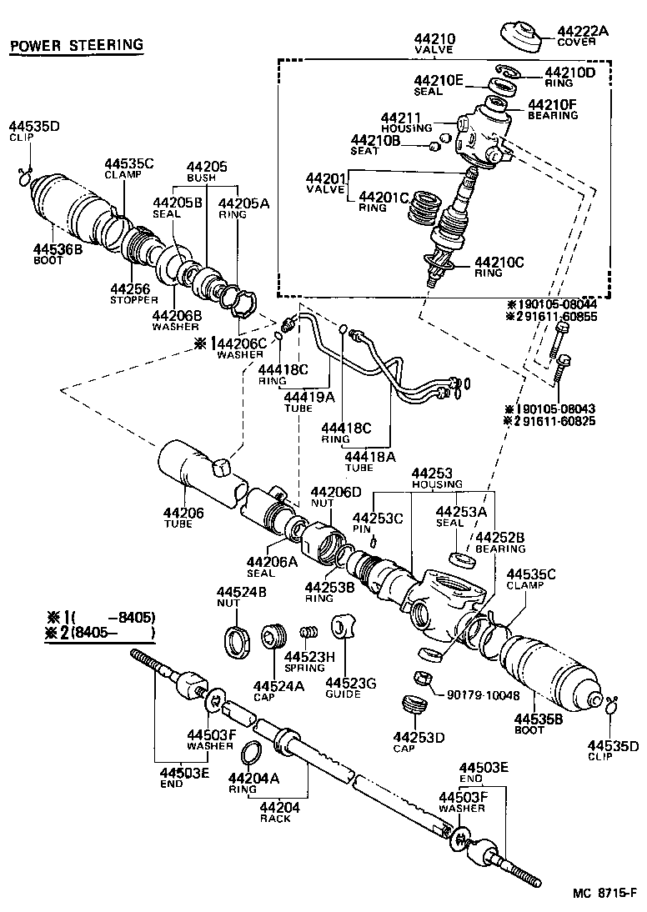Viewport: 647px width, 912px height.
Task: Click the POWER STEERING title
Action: point(76,44)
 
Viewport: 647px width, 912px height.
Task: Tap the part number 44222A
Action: point(583,31)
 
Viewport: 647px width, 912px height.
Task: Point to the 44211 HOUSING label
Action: point(406,123)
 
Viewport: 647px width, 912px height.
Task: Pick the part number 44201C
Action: point(384,198)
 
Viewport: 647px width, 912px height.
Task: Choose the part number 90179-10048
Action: point(482,695)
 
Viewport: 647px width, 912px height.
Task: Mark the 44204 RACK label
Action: point(274,813)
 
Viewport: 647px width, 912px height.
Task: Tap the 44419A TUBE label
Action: point(296,402)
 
